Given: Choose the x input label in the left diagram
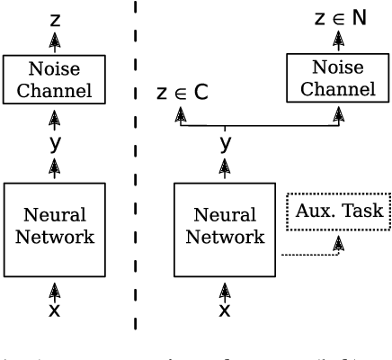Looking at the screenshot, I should pos(56,309).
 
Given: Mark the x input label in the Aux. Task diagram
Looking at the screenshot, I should pos(225,309).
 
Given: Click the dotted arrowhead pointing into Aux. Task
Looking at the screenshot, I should pos(339,242).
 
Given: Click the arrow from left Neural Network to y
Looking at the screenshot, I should pos(56,166).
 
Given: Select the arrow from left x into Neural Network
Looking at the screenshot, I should pos(56,287).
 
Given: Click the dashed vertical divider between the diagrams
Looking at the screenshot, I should pos(135,180).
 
